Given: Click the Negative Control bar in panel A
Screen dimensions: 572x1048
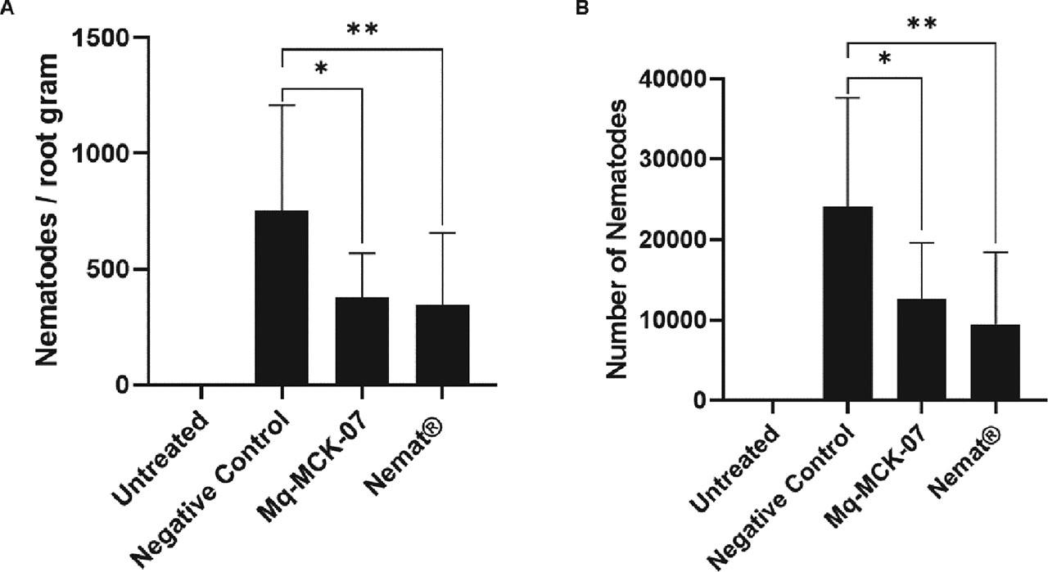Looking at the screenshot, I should [282, 298].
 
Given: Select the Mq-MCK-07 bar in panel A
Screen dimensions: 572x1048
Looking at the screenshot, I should [361, 341].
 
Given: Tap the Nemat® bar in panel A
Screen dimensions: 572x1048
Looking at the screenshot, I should [442, 345].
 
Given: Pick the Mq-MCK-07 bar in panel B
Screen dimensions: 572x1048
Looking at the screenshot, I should [921, 349].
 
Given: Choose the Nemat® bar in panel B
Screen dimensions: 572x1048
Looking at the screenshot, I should [995, 363].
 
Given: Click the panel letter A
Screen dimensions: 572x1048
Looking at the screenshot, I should [7, 8].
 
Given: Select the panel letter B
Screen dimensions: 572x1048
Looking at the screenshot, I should [560, 8].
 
